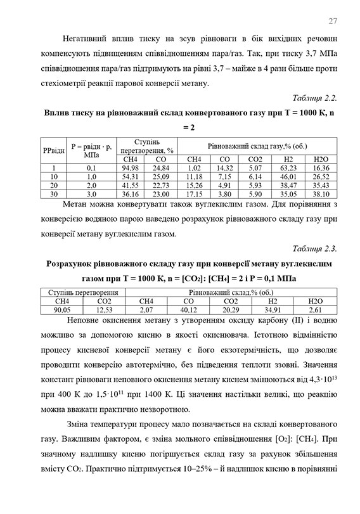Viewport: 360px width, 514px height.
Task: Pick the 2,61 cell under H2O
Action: [315, 309]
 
